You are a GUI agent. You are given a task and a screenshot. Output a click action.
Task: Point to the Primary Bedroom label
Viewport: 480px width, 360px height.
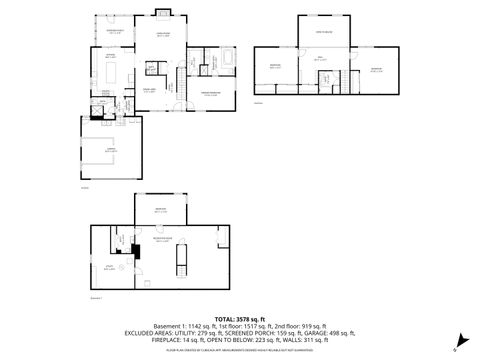[x=210, y=92]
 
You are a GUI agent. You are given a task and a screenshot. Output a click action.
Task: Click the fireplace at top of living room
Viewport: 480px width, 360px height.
[x=163, y=14]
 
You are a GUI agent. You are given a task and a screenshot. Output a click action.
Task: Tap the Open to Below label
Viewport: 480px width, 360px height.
[x=324, y=34]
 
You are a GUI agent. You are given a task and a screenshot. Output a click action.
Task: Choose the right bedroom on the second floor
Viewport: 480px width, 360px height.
[x=376, y=69]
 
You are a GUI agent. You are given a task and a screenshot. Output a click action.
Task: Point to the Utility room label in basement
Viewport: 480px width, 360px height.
[x=108, y=268]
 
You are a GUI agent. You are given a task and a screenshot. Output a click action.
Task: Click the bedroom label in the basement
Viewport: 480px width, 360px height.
[x=160, y=210]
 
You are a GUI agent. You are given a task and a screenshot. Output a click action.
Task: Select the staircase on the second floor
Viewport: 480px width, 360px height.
[x=347, y=80]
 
